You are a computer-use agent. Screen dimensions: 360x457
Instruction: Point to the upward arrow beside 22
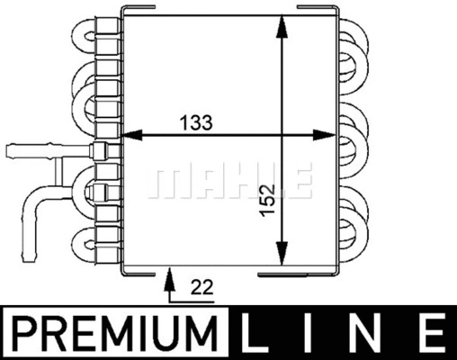pos(166,287)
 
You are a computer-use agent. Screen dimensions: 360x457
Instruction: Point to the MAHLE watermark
pos(229,180)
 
